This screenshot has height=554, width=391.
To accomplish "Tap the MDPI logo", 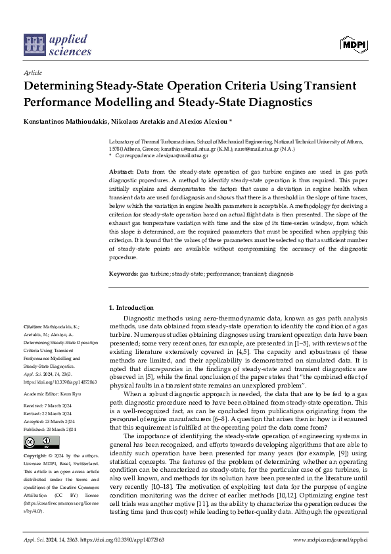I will click(x=354, y=44).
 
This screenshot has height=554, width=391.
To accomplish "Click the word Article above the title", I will click(x=32, y=73).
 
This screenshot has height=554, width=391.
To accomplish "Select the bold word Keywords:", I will click(x=123, y=272).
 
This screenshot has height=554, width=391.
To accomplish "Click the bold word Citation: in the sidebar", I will click(x=33, y=326).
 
